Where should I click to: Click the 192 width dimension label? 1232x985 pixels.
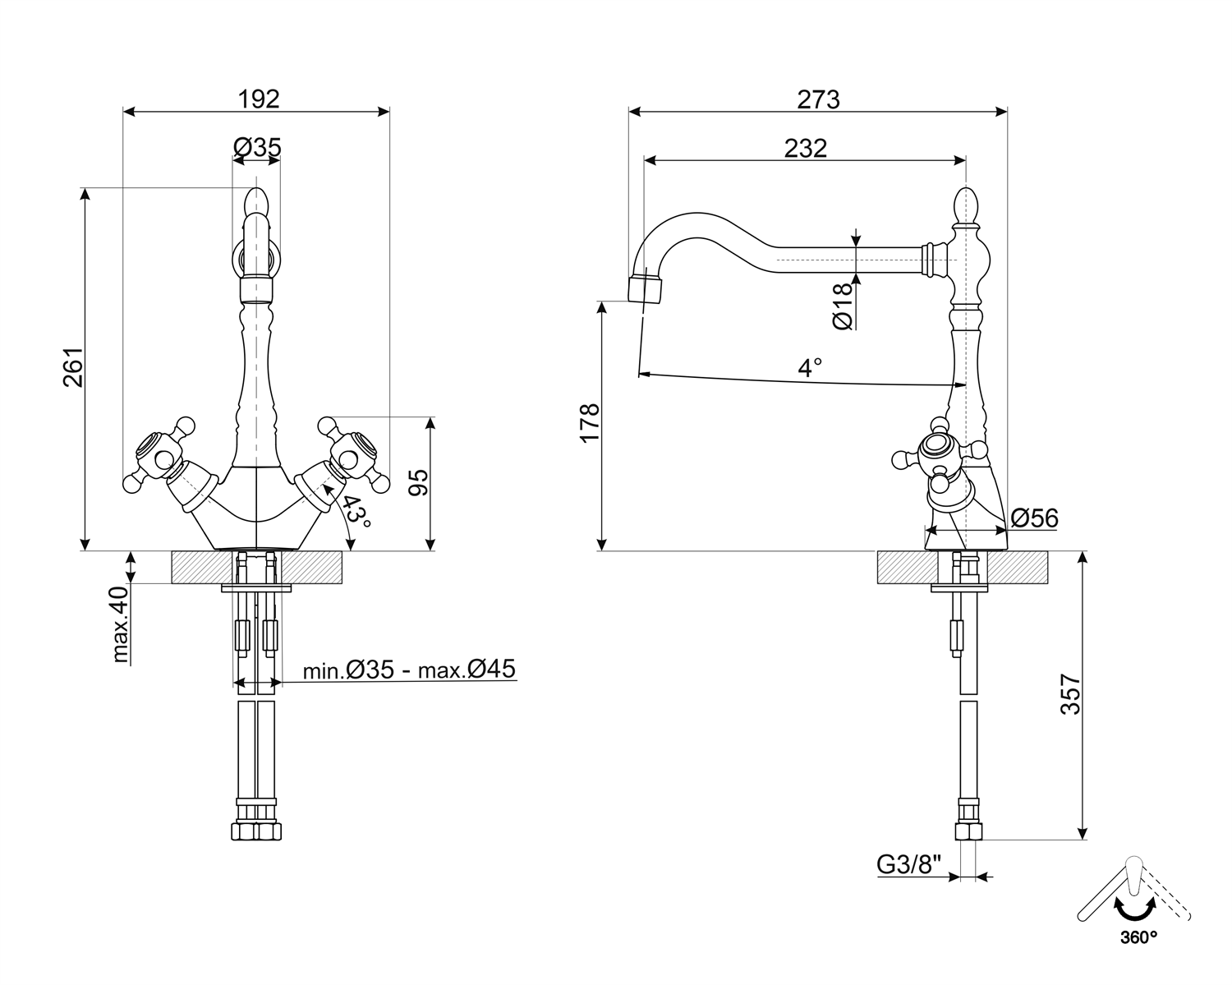point(259,99)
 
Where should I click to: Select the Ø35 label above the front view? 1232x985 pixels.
point(257,147)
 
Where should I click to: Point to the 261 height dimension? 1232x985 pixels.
point(74,367)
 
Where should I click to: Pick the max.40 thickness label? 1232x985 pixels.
point(121,624)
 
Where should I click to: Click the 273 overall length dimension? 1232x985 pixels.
point(818,99)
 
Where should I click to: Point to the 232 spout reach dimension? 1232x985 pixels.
point(805,148)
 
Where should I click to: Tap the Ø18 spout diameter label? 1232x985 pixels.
point(844,308)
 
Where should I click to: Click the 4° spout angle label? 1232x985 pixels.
point(810,367)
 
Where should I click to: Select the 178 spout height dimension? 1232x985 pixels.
point(590,423)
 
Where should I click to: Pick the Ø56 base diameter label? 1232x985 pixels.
point(1034,518)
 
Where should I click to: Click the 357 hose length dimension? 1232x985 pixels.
point(1070,694)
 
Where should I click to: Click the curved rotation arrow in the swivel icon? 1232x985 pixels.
point(1133,909)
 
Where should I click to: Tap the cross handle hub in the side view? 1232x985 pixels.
point(935,449)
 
